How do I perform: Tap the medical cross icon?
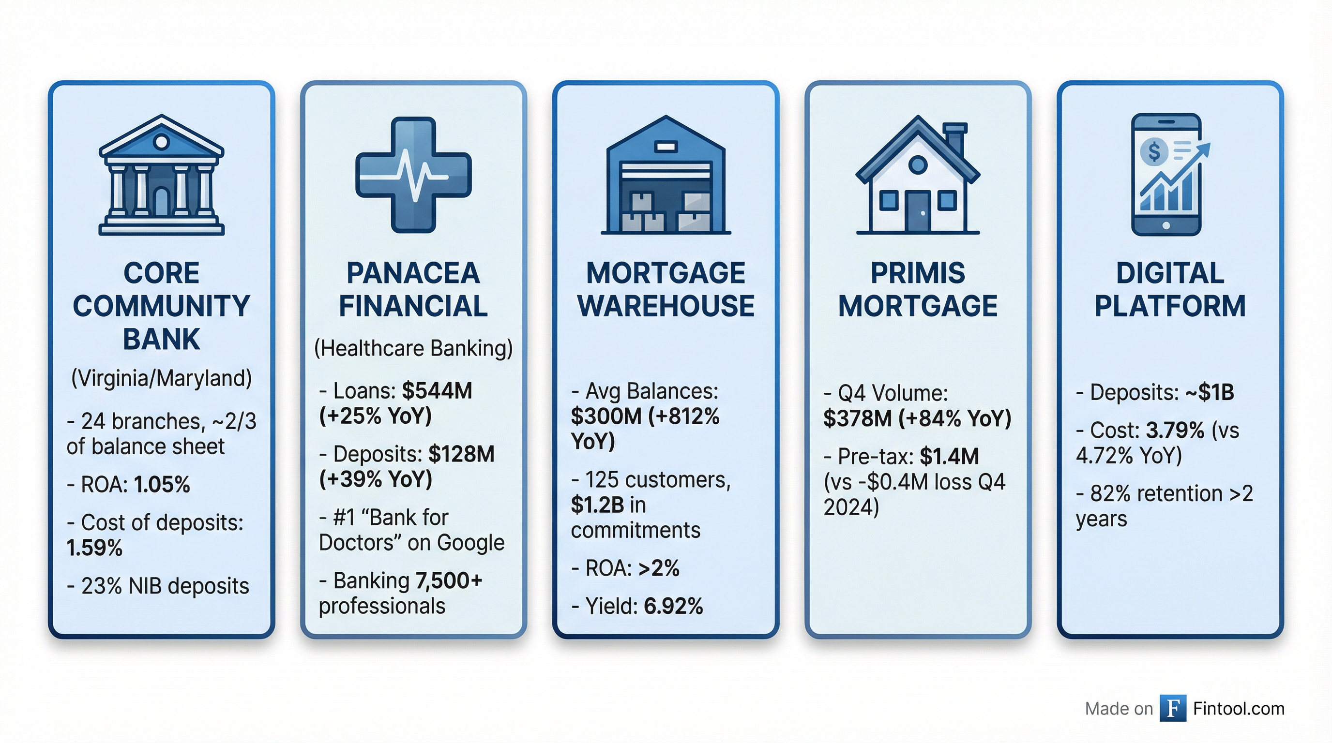click(x=413, y=175)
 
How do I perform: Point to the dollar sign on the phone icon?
click(x=1154, y=152)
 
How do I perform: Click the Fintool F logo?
click(x=1173, y=708)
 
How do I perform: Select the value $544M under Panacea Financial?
click(x=437, y=391)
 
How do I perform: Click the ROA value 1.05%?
click(x=162, y=485)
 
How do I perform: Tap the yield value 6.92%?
click(x=673, y=606)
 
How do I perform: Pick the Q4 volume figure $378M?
click(x=857, y=418)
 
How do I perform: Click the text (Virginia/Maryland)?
click(x=161, y=378)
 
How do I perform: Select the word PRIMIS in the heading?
click(x=918, y=273)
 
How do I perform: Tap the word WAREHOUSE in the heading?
click(x=666, y=306)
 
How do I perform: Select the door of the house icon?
click(x=918, y=211)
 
